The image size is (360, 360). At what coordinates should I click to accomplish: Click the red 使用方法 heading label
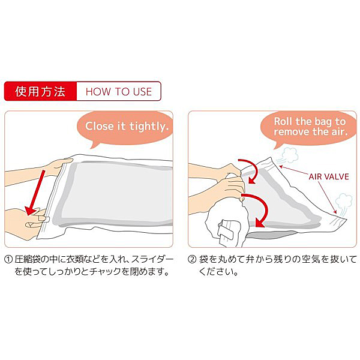(40, 91)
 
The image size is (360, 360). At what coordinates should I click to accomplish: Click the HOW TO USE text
(119, 92)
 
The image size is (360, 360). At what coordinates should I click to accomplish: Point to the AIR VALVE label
(329, 176)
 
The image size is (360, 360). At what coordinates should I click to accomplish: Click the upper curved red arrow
(251, 170)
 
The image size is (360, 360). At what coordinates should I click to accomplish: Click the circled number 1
(8, 260)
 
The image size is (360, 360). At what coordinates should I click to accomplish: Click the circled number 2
(192, 260)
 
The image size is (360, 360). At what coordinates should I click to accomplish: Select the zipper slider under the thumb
(44, 219)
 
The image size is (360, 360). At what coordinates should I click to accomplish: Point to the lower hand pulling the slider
(25, 220)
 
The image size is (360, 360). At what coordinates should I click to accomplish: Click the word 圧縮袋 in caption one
(28, 260)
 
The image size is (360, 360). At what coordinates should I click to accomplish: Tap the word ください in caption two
(215, 272)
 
